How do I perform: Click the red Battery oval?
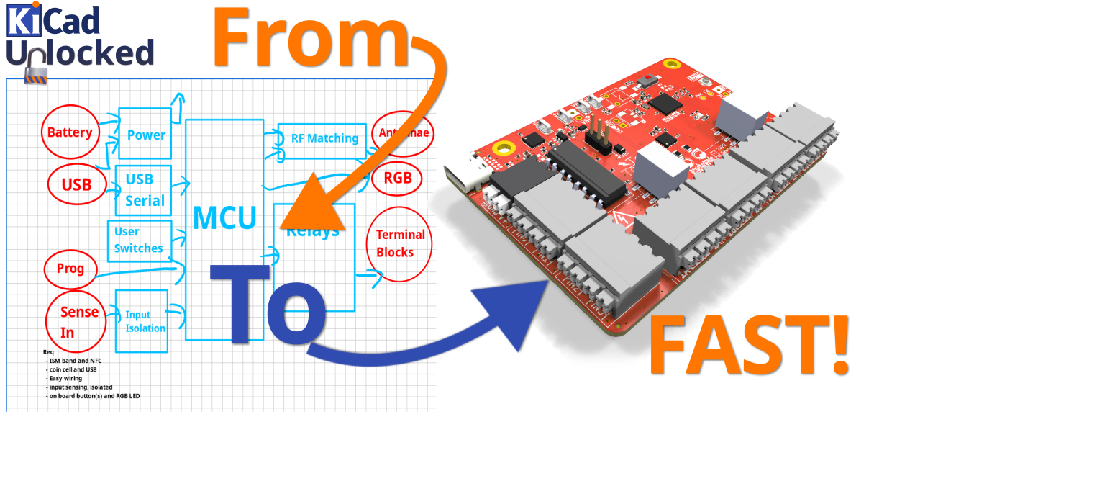point(70,132)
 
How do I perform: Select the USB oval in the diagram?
point(76,185)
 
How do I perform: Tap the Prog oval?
point(70,269)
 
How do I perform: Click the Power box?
point(145,134)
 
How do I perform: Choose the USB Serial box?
point(144,190)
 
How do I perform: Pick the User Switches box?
point(140,240)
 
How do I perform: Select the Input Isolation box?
point(142,321)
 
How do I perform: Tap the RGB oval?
point(398,177)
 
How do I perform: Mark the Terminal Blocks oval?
point(399,243)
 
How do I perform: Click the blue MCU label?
point(224,218)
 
